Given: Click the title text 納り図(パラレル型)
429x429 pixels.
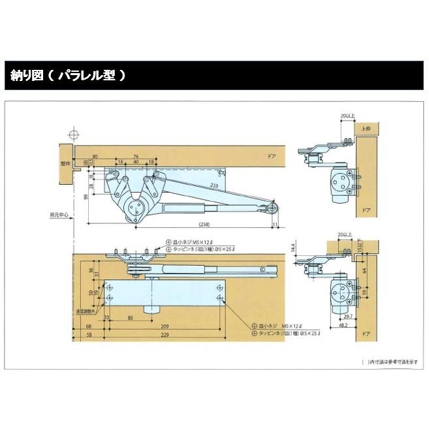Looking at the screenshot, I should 65,75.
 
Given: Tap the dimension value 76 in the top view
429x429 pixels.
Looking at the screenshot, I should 136,157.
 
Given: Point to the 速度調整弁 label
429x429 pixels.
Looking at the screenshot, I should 86,311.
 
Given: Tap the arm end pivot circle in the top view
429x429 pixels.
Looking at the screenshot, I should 272,208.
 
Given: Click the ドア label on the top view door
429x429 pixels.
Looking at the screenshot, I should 271,157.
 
